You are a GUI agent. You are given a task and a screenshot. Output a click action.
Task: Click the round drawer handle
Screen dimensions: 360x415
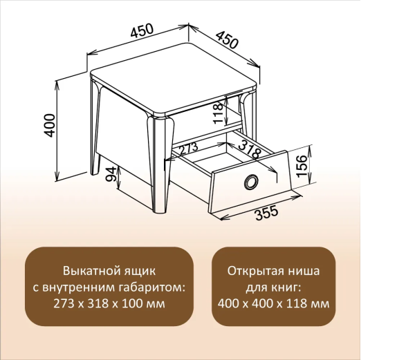(250, 182)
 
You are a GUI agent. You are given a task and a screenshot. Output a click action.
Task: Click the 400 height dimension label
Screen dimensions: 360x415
(49, 125)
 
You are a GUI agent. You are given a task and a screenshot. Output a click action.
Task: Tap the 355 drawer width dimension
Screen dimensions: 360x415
(266, 213)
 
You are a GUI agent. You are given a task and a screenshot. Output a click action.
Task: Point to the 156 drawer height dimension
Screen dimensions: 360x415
(301, 166)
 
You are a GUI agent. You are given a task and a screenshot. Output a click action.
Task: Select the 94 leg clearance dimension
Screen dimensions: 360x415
(109, 178)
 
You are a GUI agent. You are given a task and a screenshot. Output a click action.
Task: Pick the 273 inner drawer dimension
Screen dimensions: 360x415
(187, 149)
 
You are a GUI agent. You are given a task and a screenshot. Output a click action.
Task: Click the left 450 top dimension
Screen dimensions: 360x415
(140, 32)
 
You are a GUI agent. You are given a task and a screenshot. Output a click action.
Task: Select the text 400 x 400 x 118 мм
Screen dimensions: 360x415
(273, 303)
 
